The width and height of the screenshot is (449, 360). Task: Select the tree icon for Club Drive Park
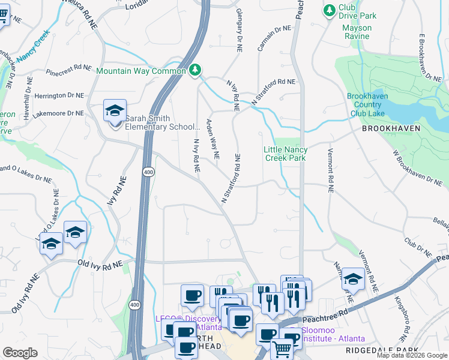click(x=329, y=10)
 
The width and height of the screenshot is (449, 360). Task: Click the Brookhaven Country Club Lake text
click(x=367, y=104)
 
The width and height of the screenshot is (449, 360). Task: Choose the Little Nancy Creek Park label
click(x=286, y=154)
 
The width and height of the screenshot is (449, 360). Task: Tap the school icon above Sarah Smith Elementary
click(x=115, y=112)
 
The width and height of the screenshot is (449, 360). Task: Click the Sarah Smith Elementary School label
click(x=162, y=122)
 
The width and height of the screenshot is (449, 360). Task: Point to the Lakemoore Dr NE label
click(x=59, y=113)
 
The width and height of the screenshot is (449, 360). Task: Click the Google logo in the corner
click(x=20, y=353)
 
